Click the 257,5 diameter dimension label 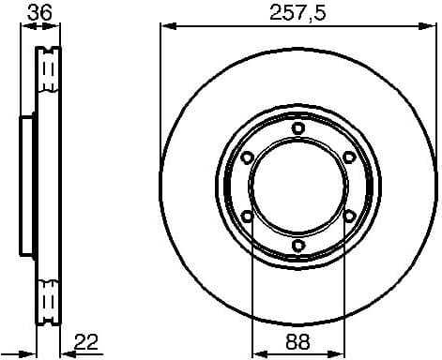tap(296, 12)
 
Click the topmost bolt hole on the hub tap(297, 128)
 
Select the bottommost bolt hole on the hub tap(297, 246)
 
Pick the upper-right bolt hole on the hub tap(348, 157)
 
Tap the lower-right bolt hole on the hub tap(348, 217)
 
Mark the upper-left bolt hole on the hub tap(247, 157)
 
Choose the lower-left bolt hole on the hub tap(247, 217)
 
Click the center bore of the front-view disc tap(297, 187)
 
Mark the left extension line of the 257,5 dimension tap(160, 94)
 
